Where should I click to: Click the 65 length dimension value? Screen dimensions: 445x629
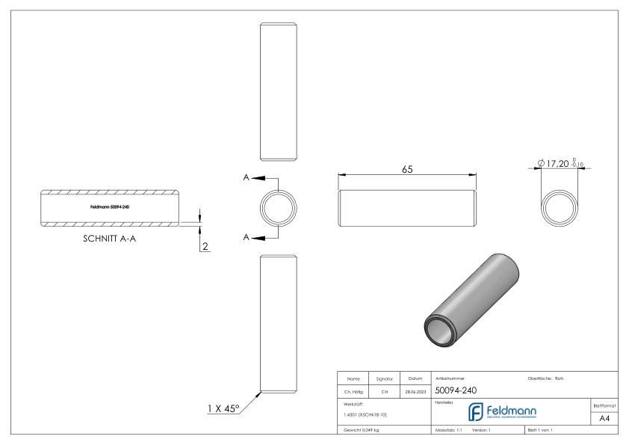click(407, 169)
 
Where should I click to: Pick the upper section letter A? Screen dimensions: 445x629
click(247, 178)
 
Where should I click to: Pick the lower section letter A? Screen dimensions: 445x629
click(247, 237)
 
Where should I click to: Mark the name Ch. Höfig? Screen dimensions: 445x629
click(354, 390)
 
